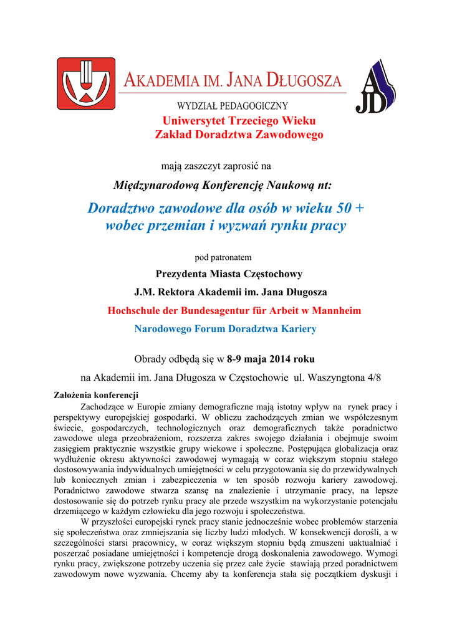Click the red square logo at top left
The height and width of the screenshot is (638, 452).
coord(86,83)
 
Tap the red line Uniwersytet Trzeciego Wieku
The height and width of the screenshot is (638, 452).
coord(239,120)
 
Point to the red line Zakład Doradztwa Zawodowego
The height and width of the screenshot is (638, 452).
coord(239,135)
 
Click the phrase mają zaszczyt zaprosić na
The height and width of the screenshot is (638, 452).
coord(216,166)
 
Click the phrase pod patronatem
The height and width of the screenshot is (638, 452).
coord(223,257)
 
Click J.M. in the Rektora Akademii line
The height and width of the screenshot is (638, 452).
coord(145,292)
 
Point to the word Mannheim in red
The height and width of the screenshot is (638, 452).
coord(337,310)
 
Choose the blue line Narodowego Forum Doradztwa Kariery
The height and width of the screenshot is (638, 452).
coord(226,328)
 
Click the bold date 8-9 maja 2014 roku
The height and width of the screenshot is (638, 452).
coord(271,359)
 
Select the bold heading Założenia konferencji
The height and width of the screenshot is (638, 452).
coord(96,395)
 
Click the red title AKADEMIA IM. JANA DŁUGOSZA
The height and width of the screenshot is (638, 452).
coord(233,80)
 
